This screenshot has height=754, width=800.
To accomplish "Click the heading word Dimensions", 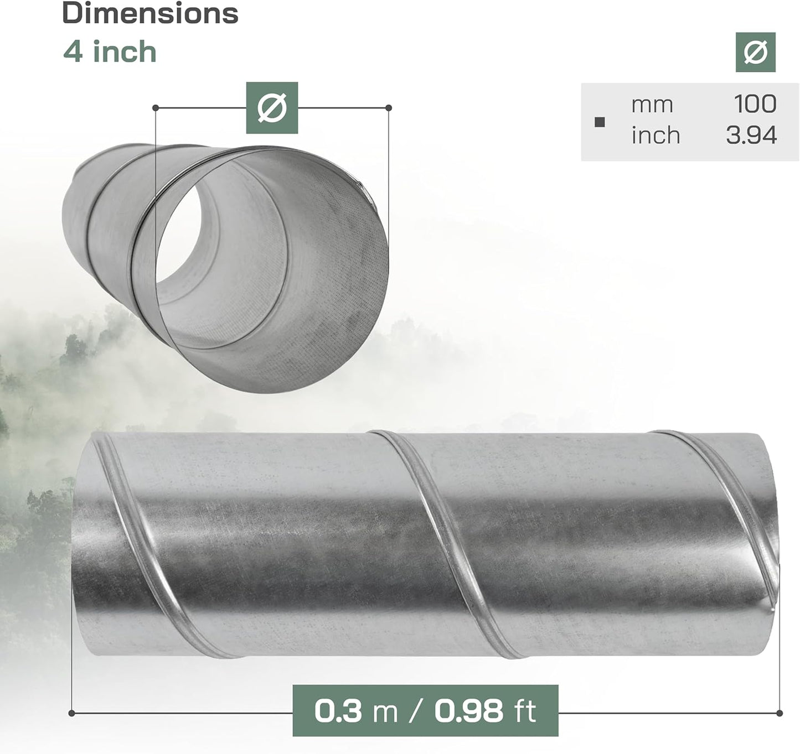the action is point(150,13).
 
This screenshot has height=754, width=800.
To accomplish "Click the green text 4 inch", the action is point(110,52).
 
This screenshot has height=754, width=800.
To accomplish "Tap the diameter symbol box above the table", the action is point(755,53).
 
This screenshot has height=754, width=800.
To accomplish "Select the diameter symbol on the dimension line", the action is point(272,108).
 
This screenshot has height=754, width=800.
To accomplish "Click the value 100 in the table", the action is point(755,104).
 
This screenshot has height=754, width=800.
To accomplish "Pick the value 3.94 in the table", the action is point(751,136).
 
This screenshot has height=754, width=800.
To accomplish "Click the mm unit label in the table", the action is point(652,105).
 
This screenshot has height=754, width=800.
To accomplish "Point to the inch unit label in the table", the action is point(656,135).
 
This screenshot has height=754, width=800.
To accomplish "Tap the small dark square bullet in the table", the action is point(600,122).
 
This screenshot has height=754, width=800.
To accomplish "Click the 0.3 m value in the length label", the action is point(356,711).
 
